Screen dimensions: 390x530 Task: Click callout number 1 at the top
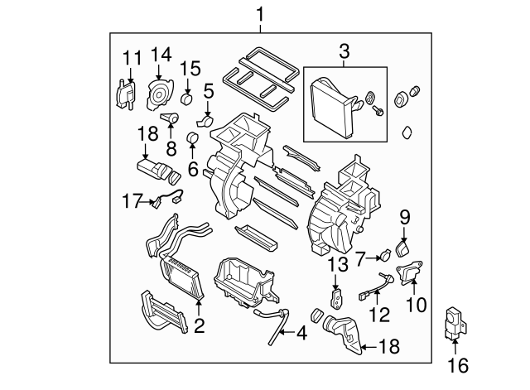pyautogui.click(x=261, y=14)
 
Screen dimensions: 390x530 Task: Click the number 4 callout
pyautogui.click(x=301, y=334)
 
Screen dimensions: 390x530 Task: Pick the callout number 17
pyautogui.click(x=128, y=200)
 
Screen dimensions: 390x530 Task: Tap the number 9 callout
pyautogui.click(x=405, y=218)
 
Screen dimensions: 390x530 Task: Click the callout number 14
pyautogui.click(x=160, y=56)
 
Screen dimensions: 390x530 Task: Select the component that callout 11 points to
pyautogui.click(x=124, y=92)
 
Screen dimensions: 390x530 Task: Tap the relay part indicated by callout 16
pyautogui.click(x=455, y=321)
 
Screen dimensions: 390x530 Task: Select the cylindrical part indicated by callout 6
pyautogui.click(x=194, y=137)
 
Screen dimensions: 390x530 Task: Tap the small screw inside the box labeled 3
pyautogui.click(x=378, y=112)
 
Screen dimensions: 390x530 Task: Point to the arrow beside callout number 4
pyautogui.click(x=284, y=334)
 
